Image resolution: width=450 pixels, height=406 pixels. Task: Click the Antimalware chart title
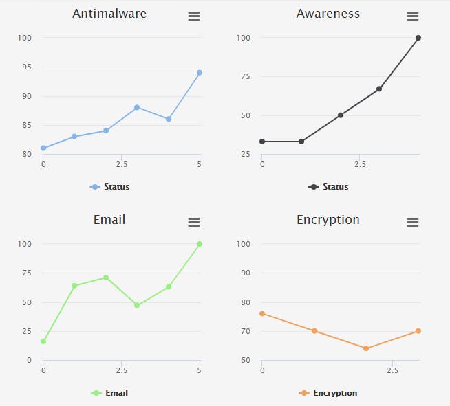(109, 14)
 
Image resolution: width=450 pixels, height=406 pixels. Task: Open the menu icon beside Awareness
(412, 16)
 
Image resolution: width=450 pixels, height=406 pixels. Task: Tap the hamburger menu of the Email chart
(194, 223)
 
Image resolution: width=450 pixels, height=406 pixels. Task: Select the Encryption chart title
(328, 220)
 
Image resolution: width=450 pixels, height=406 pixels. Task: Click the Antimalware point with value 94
(200, 72)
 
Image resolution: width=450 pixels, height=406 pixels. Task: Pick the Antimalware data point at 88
(137, 107)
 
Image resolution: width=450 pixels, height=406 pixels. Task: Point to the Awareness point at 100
(418, 38)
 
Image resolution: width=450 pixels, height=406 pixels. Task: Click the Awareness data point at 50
(340, 115)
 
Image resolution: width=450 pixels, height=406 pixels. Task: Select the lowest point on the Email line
(43, 341)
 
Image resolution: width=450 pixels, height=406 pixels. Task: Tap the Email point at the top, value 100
(200, 244)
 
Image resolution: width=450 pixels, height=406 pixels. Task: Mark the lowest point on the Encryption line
(366, 348)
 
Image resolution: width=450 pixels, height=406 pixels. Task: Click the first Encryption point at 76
(262, 313)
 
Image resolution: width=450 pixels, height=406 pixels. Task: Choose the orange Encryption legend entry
(329, 393)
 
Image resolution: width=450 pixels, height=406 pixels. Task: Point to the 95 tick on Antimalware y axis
(27, 67)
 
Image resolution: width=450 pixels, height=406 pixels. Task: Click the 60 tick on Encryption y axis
(246, 360)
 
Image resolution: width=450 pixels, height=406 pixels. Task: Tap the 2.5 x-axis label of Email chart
(121, 371)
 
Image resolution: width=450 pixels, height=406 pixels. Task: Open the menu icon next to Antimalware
(194, 16)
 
